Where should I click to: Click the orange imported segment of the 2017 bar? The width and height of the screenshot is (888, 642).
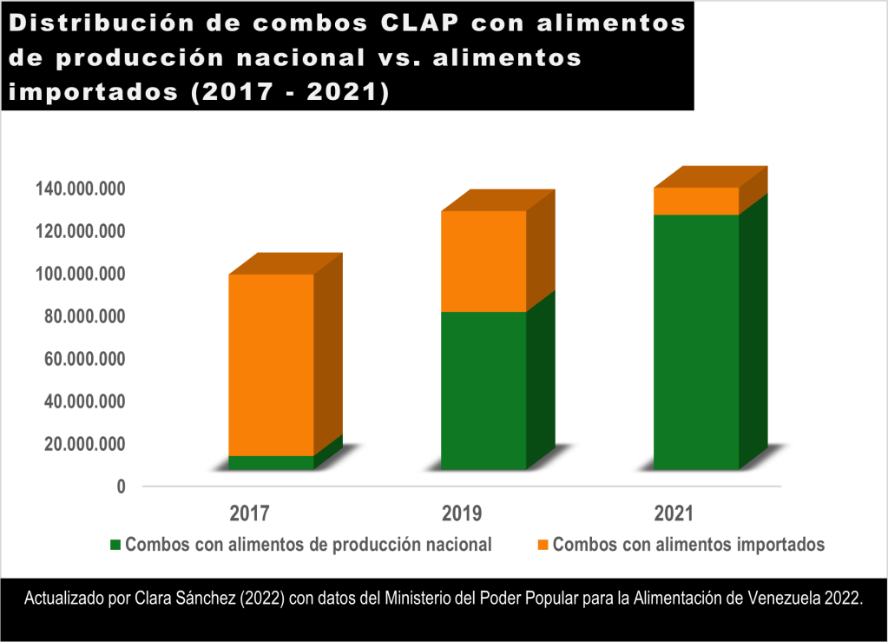tap(271, 364)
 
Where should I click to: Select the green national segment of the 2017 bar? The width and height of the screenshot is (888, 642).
tap(271, 462)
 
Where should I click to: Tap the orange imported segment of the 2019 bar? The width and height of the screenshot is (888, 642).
tap(483, 261)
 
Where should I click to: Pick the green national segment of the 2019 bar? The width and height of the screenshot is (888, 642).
tap(483, 390)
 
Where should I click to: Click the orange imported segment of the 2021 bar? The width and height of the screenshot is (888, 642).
tap(696, 201)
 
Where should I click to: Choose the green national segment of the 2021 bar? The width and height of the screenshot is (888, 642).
tap(696, 341)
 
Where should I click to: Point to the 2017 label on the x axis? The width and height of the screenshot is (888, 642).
tap(249, 513)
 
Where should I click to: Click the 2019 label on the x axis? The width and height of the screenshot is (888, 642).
tap(462, 513)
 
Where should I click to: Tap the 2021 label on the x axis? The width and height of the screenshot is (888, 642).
tap(674, 513)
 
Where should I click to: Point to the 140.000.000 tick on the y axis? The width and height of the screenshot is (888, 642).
tap(80, 189)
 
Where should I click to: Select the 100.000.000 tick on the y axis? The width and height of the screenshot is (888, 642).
tap(80, 274)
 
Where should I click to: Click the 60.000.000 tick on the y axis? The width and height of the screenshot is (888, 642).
tap(84, 359)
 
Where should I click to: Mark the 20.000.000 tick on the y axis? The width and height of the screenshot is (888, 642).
tap(84, 444)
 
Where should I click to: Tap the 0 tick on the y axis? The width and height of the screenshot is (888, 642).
tap(121, 486)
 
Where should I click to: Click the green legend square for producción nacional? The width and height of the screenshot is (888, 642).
tap(115, 545)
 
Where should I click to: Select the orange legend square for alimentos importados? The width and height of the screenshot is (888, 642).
tap(543, 545)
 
